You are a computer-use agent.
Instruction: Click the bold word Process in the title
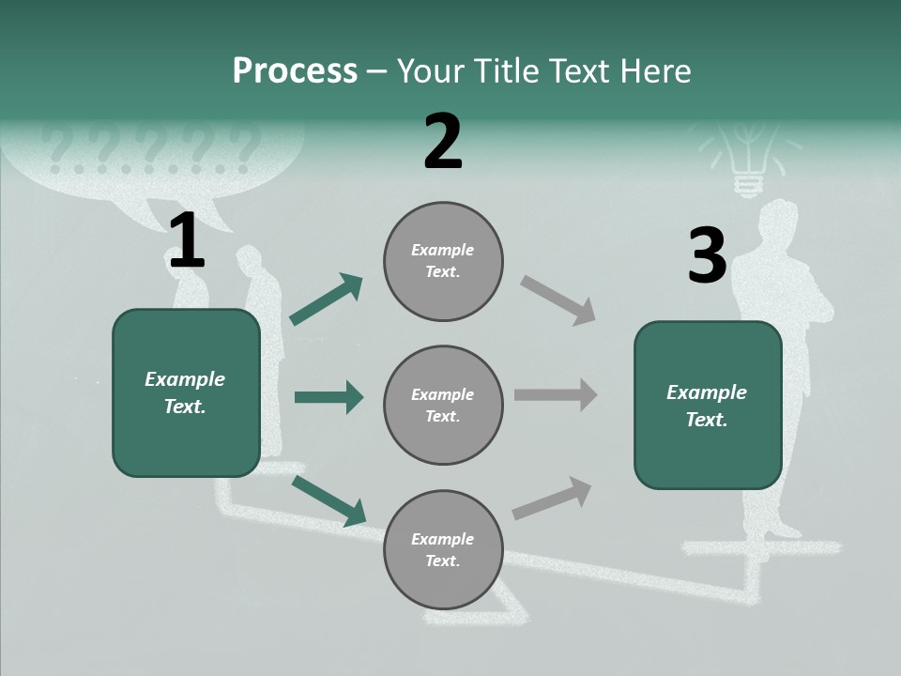pos(295,70)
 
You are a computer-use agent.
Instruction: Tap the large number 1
pos(187,241)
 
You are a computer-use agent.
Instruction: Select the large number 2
pos(443,142)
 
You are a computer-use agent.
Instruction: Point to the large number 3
pos(707,256)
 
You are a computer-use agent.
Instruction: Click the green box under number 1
pos(186,392)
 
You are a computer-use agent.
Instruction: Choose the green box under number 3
pos(708,405)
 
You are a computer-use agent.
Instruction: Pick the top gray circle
pos(443,261)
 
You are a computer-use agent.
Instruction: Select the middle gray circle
pos(443,405)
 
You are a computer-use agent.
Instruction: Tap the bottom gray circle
pos(443,549)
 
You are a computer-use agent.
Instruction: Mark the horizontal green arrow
pos(328,397)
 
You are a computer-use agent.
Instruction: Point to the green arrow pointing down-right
pos(328,500)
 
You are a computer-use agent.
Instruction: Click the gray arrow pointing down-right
pos(557,300)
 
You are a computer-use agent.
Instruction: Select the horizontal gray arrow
pos(556,394)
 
